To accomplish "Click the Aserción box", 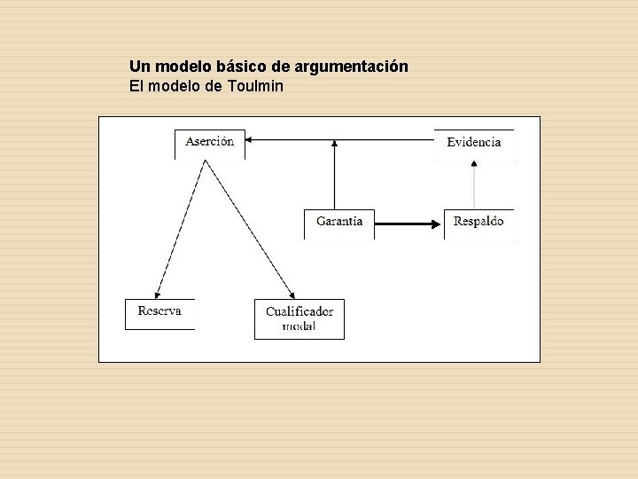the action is (x=210, y=142).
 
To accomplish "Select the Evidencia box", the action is (x=473, y=142).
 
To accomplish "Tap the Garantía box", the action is (x=339, y=222).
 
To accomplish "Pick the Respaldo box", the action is (x=478, y=222).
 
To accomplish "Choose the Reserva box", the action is (x=159, y=312).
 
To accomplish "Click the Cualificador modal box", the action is (x=300, y=318).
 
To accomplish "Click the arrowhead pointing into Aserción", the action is (x=249, y=139).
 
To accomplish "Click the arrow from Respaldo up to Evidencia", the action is (x=474, y=186).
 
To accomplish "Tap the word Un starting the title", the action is (x=138, y=67).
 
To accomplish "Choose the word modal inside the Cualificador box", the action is (x=300, y=326).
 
